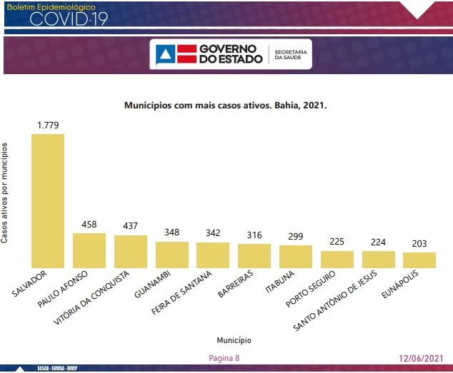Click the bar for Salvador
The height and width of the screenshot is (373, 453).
(48, 200)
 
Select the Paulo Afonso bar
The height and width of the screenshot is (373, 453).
(89, 250)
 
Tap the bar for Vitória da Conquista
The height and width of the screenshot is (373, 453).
(131, 251)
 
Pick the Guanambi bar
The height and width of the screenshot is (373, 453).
(172, 254)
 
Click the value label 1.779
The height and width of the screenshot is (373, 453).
(48, 126)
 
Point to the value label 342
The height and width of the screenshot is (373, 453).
(213, 233)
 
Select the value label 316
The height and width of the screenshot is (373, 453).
(254, 235)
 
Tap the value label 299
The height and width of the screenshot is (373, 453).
(296, 236)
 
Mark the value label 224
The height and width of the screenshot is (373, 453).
(378, 242)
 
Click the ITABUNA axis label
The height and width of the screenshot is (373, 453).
(280, 282)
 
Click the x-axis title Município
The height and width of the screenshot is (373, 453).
(234, 340)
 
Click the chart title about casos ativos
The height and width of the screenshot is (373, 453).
(226, 105)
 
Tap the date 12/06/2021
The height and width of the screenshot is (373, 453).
(422, 358)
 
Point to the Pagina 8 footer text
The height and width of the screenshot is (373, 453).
(224, 358)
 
